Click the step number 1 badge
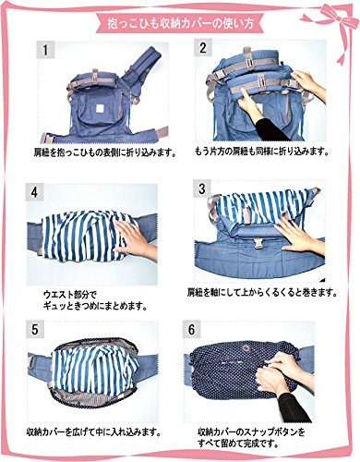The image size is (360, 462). [x=45, y=50]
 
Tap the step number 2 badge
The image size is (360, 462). [x=203, y=48]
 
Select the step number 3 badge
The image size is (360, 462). [x=201, y=188]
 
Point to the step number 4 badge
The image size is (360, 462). [x=35, y=192]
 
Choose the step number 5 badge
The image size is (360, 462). [x=35, y=330]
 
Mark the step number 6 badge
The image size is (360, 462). [x=191, y=330]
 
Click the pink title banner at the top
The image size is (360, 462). [x=179, y=23]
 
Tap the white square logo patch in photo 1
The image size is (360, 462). [x=101, y=109]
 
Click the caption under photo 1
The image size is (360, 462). [x=104, y=152]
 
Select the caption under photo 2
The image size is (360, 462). [x=261, y=152]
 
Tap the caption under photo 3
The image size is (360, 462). [x=260, y=292]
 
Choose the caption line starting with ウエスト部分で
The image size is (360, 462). [x=70, y=295]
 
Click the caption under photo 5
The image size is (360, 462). [x=94, y=432]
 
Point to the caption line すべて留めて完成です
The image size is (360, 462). [x=238, y=444]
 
